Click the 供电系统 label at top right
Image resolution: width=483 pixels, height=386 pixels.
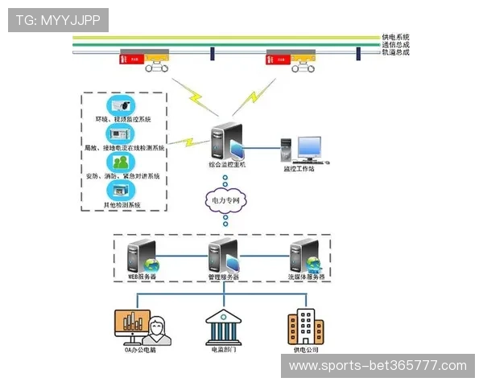(x=395, y=37)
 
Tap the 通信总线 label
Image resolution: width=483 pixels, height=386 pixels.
(x=395, y=45)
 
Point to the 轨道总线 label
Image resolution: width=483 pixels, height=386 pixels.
(x=395, y=52)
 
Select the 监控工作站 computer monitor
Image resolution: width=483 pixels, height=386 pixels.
(x=308, y=148)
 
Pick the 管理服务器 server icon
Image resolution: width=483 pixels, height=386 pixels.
(x=223, y=256)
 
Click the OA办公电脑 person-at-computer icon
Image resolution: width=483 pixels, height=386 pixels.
(x=138, y=326)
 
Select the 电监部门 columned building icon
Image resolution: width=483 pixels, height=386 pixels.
(x=224, y=326)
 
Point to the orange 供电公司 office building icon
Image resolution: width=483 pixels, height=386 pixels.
(x=306, y=326)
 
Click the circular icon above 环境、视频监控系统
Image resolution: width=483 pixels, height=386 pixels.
(x=121, y=105)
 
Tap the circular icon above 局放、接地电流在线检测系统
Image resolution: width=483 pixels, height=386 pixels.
(x=121, y=133)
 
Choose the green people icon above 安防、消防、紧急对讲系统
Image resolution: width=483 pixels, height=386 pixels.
(x=121, y=162)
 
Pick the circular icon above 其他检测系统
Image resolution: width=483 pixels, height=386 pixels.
(x=121, y=190)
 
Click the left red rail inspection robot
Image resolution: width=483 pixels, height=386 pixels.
(x=133, y=58)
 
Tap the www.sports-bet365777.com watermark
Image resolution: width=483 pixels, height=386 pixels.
(x=378, y=366)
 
